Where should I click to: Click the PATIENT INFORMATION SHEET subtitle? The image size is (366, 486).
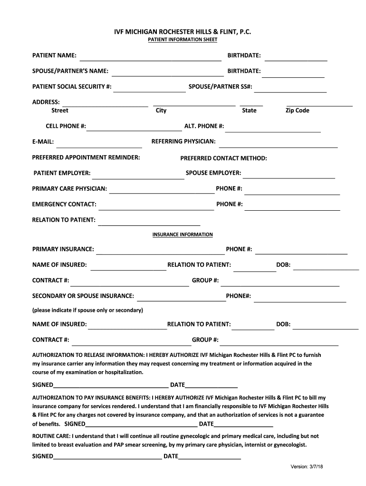coord(183,40)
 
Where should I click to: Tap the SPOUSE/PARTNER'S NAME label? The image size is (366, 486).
coord(70,71)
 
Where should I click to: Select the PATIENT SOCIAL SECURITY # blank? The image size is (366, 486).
coord(149,90)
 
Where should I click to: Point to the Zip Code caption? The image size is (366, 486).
coord(297,111)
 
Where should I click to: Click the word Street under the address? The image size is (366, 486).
coord(59,111)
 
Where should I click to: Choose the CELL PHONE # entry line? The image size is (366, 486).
coord(135,129)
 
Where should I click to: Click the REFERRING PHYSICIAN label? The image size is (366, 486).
coord(183,141)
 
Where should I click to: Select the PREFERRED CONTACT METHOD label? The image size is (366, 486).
coord(223,159)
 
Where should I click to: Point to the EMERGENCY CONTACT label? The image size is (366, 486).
coord(64,205)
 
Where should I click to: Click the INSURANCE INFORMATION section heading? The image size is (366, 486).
coord(183,235)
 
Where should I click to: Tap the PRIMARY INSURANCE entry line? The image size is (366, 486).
coord(160,252)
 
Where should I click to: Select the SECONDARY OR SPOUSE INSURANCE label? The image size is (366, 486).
coord(83,296)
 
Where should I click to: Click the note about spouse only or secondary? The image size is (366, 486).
coord(87,310)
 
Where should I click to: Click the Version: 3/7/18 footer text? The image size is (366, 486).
coord(307,467)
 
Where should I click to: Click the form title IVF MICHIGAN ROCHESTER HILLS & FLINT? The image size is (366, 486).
coord(183,31)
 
